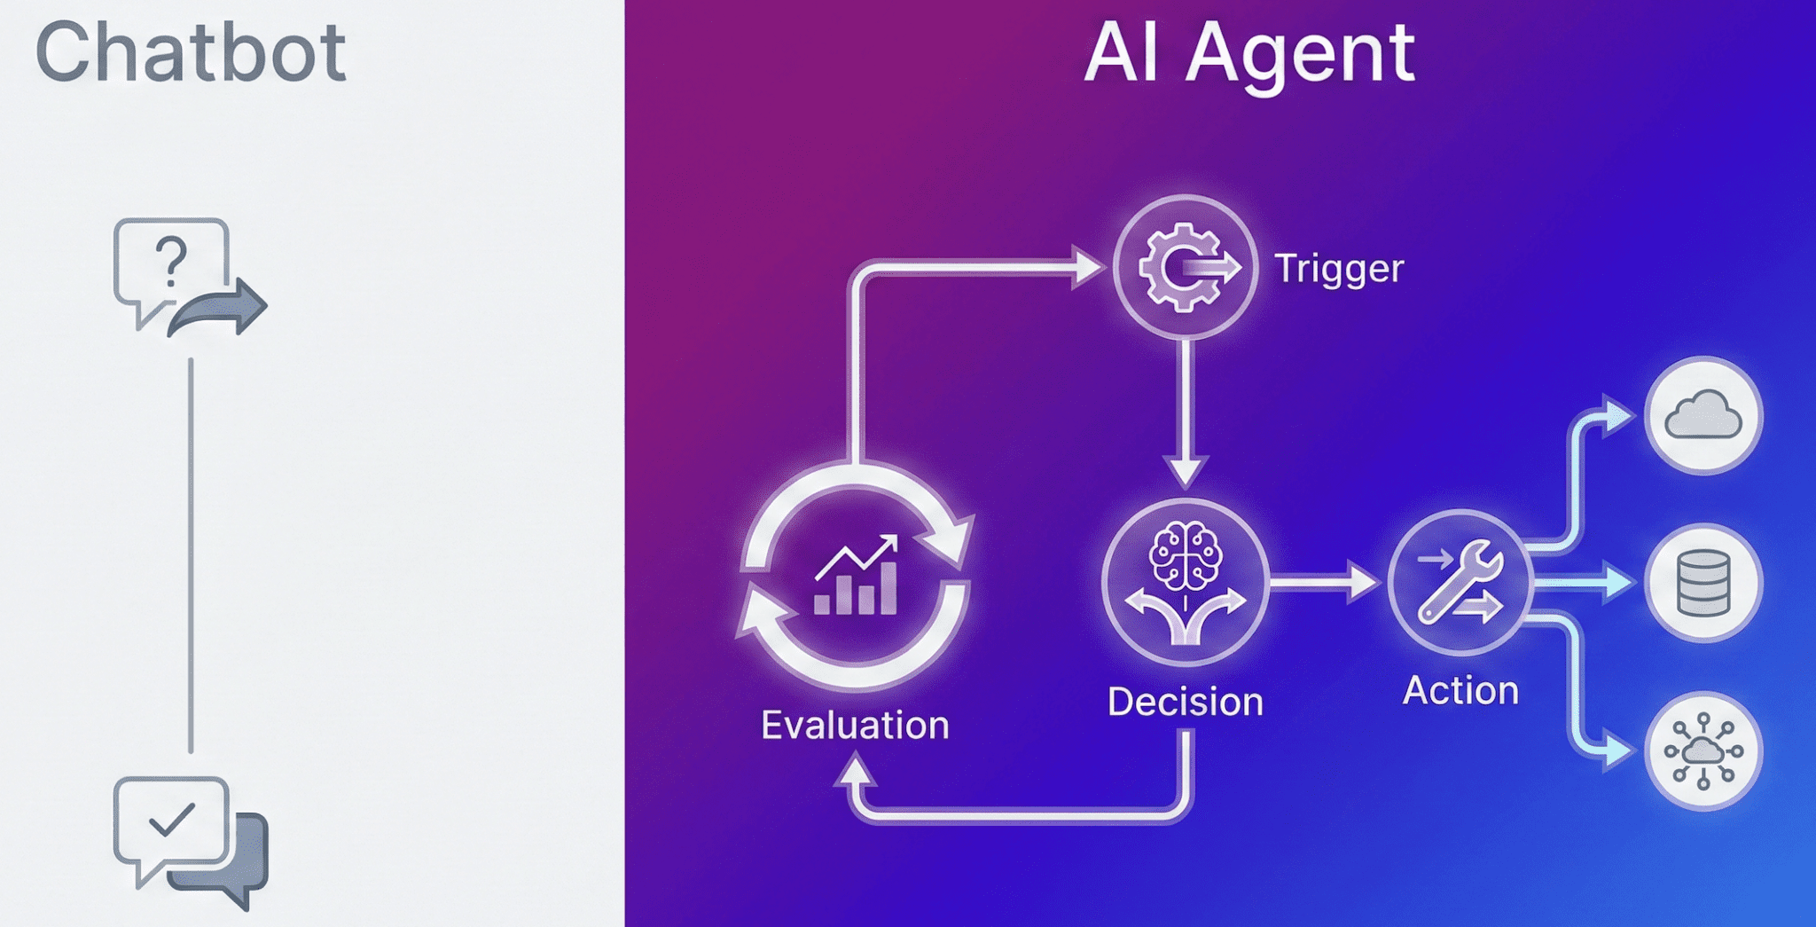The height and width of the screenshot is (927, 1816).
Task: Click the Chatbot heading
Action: click(190, 53)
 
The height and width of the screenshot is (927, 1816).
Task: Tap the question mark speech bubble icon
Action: click(174, 266)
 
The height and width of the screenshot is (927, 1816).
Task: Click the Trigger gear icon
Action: click(1185, 267)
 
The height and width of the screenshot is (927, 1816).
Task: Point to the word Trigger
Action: click(1339, 269)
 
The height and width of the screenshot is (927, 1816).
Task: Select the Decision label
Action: click(1186, 703)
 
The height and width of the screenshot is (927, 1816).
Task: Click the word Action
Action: click(1460, 691)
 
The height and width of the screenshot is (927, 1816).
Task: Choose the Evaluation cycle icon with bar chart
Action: click(856, 577)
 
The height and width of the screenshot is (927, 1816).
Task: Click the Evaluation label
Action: click(855, 726)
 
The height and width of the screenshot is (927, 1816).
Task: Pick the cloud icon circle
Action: click(1702, 415)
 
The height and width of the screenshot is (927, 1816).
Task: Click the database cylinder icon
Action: click(1702, 583)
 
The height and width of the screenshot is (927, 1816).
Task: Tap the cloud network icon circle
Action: click(1702, 751)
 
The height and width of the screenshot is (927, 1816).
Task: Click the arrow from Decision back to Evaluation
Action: click(1020, 813)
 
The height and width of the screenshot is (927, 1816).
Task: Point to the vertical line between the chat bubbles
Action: click(191, 554)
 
